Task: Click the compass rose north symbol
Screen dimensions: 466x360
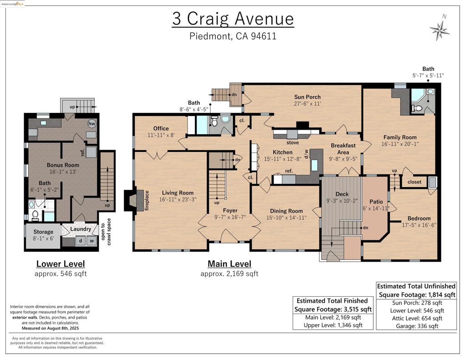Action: pyautogui.click(x=439, y=30)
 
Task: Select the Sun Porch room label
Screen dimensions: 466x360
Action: pyautogui.click(x=307, y=97)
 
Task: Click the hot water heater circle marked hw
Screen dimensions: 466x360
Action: pyautogui.click(x=91, y=124)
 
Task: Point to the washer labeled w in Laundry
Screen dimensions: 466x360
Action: pyautogui.click(x=92, y=241)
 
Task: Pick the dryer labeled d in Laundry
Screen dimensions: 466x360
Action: pyautogui.click(x=81, y=241)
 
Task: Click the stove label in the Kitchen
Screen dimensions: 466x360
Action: pyautogui.click(x=293, y=143)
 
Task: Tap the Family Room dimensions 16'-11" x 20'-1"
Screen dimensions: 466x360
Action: pyautogui.click(x=400, y=144)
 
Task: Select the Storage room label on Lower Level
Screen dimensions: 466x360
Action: pyautogui.click(x=43, y=232)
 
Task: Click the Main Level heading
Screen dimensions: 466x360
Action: pyautogui.click(x=229, y=264)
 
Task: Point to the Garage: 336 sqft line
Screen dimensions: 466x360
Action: pyautogui.click(x=417, y=326)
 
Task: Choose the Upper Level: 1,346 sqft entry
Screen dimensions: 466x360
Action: pyautogui.click(x=333, y=325)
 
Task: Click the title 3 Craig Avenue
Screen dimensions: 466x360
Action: pyautogui.click(x=233, y=18)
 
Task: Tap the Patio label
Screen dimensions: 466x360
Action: pyautogui.click(x=376, y=202)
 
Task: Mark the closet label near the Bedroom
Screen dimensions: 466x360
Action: pyautogui.click(x=414, y=182)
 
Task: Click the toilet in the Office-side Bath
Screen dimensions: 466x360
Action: pyautogui.click(x=214, y=121)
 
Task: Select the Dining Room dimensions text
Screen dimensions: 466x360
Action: pyautogui.click(x=286, y=218)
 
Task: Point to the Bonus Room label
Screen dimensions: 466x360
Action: pyautogui.click(x=63, y=165)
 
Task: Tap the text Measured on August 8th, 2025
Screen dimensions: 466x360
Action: pyautogui.click(x=50, y=328)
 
